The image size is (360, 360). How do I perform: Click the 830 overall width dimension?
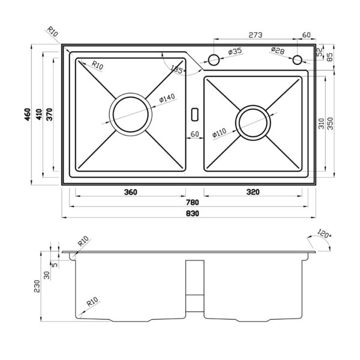193,214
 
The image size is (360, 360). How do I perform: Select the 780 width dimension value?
193,203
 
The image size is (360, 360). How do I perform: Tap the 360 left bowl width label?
130,192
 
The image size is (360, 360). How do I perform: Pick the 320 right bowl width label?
253,192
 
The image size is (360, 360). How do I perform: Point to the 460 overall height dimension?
28,115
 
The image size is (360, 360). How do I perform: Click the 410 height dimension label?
39,115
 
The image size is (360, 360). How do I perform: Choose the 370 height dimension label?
49,115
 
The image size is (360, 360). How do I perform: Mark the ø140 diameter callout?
167,98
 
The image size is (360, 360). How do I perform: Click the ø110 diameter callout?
219,133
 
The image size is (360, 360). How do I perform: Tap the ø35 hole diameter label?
235,52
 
